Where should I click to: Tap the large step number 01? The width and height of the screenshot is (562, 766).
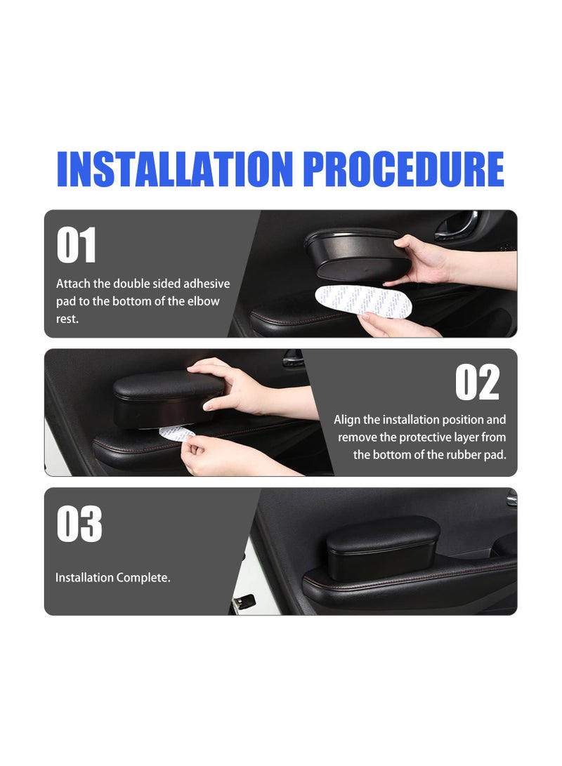(77, 246)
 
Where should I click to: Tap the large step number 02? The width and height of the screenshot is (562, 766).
(477, 383)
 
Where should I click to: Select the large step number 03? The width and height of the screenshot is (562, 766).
(79, 524)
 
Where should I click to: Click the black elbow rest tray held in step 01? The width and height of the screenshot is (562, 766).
(355, 253)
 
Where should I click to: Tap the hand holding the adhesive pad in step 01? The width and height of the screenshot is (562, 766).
(393, 325)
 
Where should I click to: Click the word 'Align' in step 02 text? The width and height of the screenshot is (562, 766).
(347, 420)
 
